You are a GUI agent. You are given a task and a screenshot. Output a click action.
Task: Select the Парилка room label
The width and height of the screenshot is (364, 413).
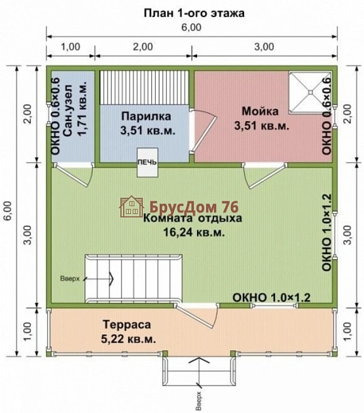pos(146,116)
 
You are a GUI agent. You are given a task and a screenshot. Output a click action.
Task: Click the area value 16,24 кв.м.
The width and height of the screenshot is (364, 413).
pos(193,232)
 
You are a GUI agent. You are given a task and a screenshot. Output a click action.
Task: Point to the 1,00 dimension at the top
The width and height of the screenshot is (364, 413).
pos(70,46)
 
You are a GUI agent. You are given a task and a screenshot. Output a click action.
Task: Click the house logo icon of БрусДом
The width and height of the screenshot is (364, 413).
pos(132,206)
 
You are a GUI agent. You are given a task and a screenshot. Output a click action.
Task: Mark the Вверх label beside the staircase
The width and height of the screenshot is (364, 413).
pos(70,278)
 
